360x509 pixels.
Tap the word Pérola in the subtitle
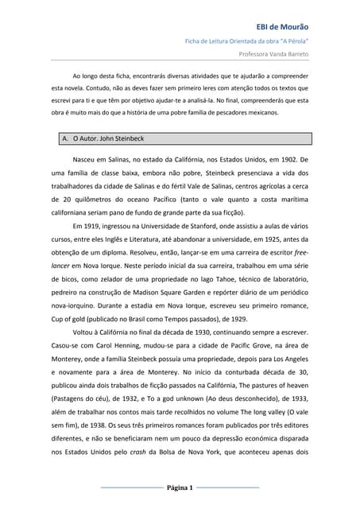coord(293,39)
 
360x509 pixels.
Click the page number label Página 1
coord(180,487)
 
